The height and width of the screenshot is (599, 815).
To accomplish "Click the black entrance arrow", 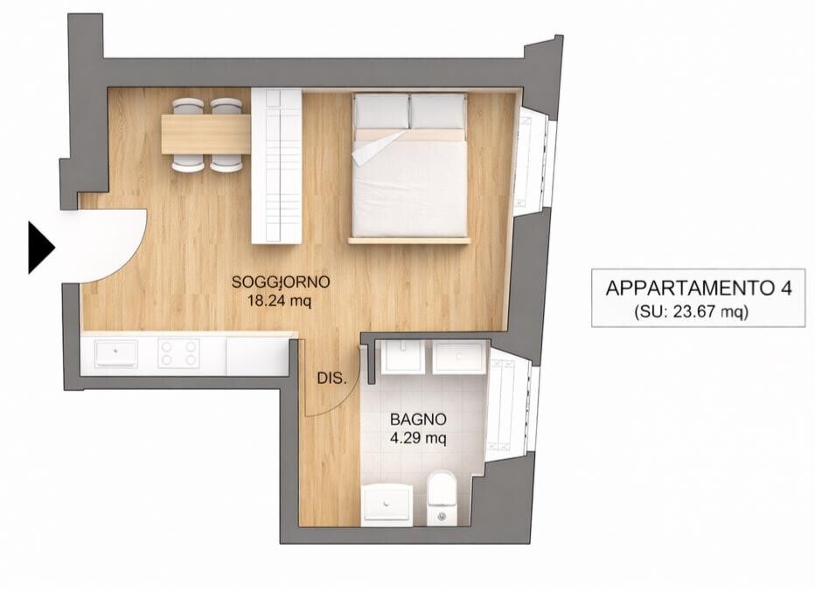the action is (40, 247).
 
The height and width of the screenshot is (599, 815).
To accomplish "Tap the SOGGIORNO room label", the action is (281, 282).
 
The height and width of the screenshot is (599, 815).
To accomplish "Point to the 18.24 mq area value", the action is (281, 302).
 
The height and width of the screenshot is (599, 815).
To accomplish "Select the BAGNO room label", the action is (418, 419).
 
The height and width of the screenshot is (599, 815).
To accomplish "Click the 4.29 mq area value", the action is (418, 438).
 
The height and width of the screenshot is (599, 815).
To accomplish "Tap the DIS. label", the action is (331, 379).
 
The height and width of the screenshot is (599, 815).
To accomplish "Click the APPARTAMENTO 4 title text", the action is (699, 288).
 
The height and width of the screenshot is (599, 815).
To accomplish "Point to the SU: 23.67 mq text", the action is (692, 312).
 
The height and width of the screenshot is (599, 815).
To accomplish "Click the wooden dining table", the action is (206, 134).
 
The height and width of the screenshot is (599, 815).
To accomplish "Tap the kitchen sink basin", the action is (116, 354).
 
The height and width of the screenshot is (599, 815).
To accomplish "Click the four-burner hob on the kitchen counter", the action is (178, 353).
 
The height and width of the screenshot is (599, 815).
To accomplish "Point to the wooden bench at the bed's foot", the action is (409, 240).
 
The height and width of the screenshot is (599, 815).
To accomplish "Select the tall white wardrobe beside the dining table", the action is (276, 166).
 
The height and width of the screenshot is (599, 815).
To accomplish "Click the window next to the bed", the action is (534, 157).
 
